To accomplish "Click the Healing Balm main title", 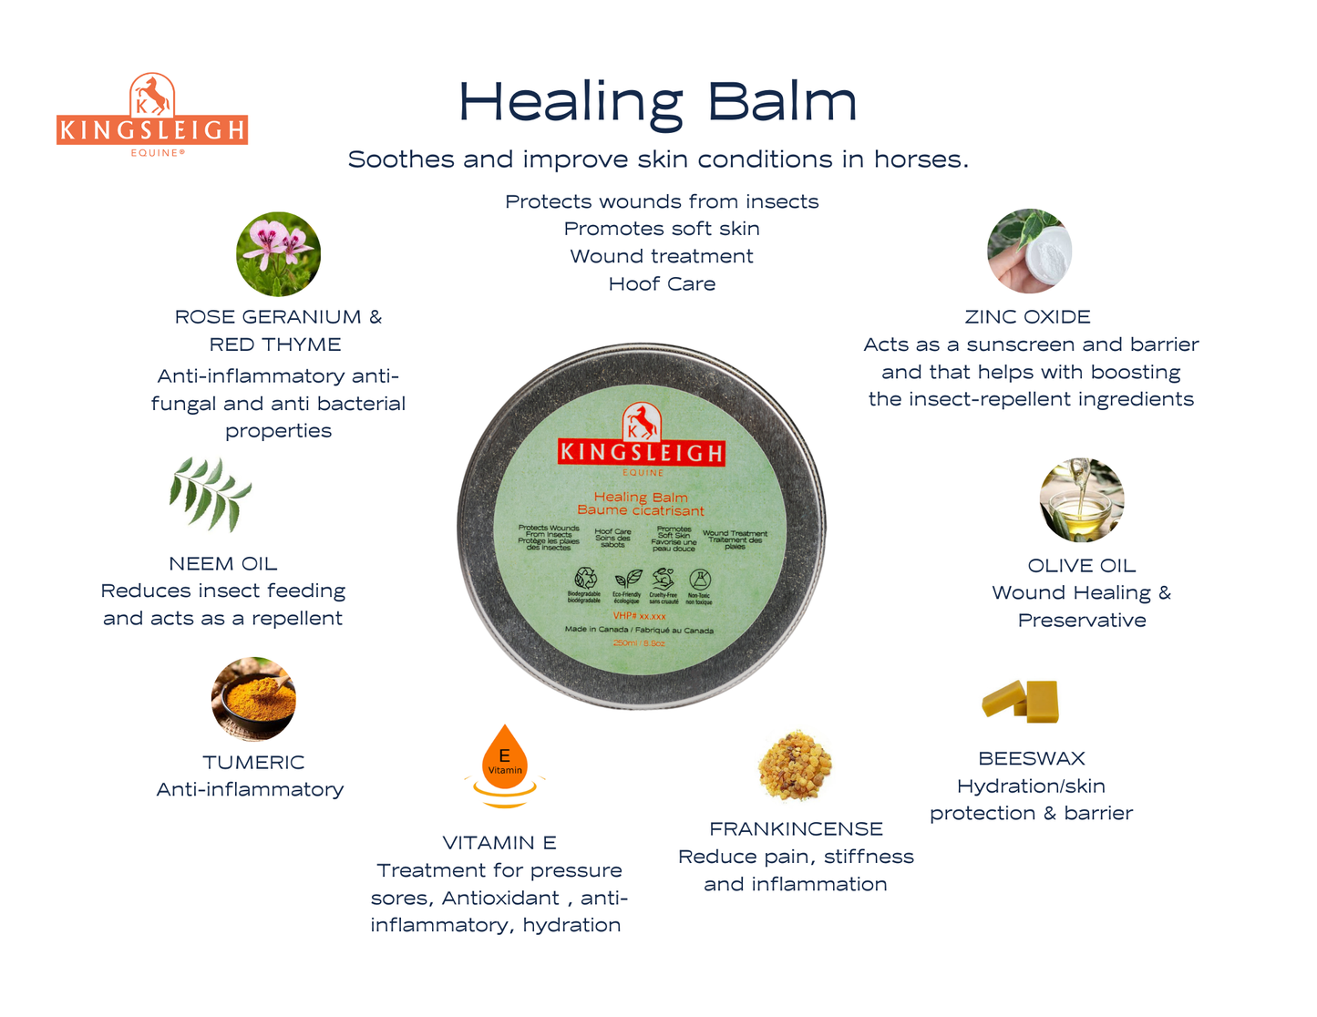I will [x=657, y=102].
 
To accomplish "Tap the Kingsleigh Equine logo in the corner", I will [x=152, y=115].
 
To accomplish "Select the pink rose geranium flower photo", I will [x=278, y=254].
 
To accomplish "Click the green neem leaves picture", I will [x=211, y=494].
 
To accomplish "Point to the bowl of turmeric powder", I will [x=253, y=699].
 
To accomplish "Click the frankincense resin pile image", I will [x=795, y=765].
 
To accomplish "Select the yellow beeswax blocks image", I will [x=1022, y=701].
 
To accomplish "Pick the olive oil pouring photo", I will [x=1082, y=500].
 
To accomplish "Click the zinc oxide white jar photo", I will [x=1030, y=252].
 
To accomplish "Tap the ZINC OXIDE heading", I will [x=1027, y=317].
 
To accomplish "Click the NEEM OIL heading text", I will [x=223, y=564].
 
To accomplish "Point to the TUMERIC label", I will [x=253, y=763].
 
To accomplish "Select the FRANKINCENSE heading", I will [x=796, y=829].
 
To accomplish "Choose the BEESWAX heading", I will [x=1031, y=758].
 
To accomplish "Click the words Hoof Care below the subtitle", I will [x=662, y=284].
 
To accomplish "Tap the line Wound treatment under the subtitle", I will [x=662, y=257].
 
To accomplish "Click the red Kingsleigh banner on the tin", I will [x=642, y=452].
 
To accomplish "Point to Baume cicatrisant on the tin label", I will [x=641, y=510].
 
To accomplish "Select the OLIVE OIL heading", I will [x=1081, y=566].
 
